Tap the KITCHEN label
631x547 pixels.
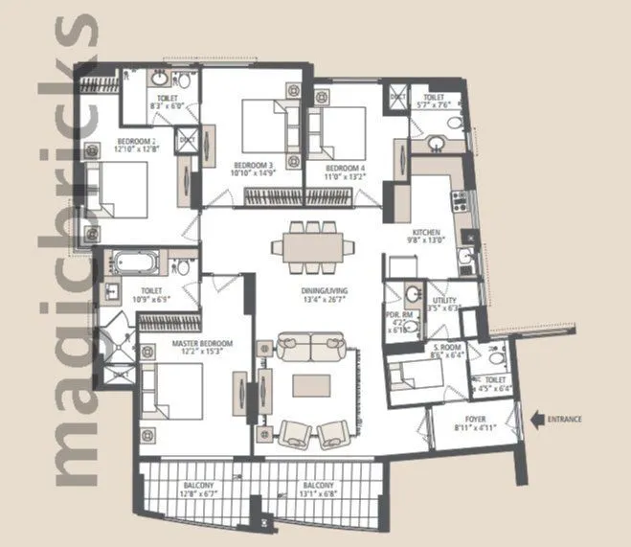(x=426, y=233)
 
